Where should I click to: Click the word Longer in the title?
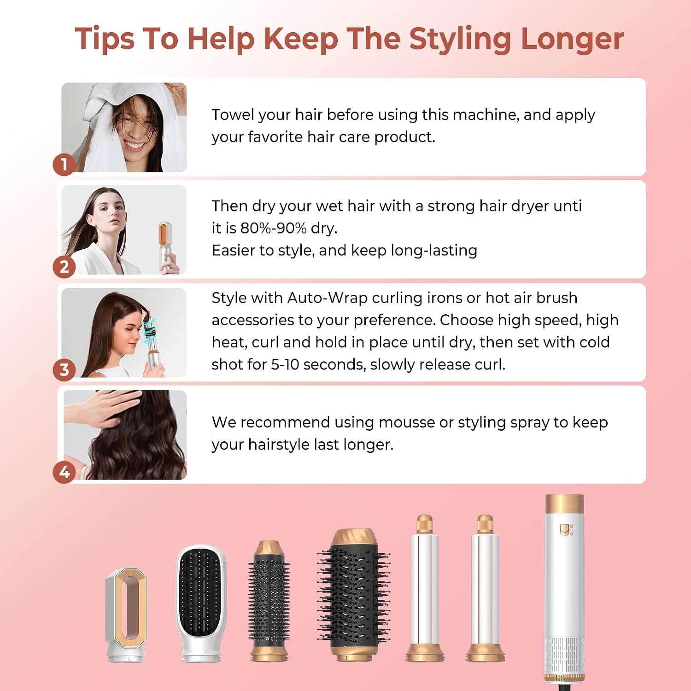coord(572,39)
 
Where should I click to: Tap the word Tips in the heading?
coord(105,39)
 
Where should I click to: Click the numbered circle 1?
coord(64,164)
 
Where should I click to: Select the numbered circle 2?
coord(64,267)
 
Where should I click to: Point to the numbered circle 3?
coord(64,369)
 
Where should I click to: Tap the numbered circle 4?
coord(64,472)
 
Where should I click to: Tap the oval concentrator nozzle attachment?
coord(126,615)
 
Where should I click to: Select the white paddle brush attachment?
coord(202,603)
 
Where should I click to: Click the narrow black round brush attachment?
coord(269,601)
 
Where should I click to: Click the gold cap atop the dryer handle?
coord(564,504)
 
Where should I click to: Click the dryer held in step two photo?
coord(167,246)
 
